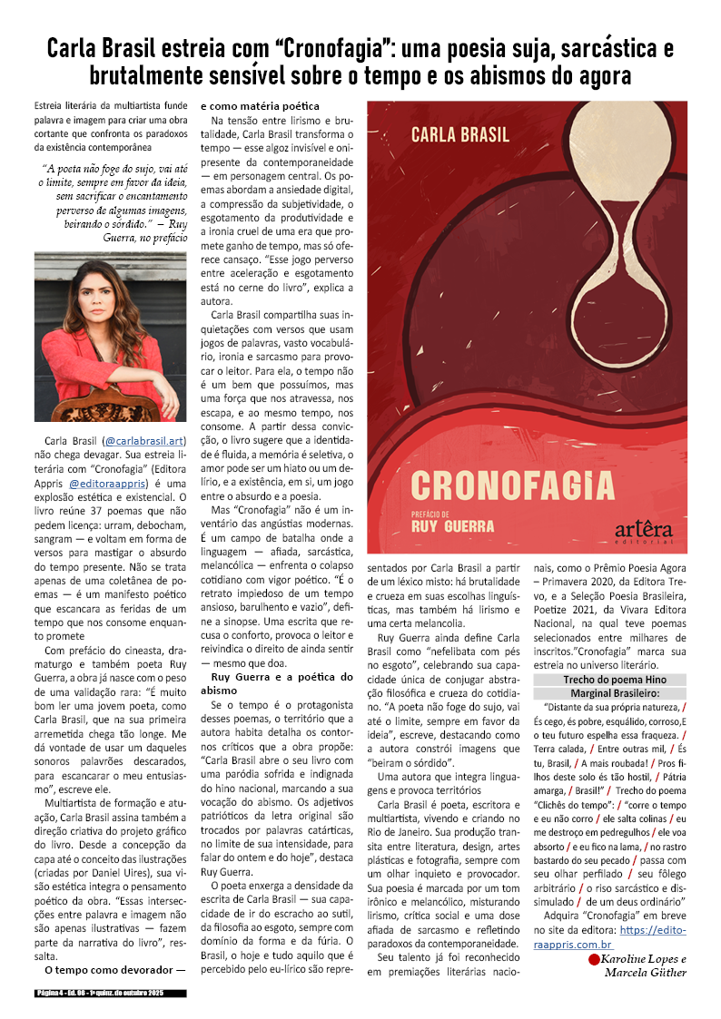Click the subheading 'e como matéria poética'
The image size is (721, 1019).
pos(260,106)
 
